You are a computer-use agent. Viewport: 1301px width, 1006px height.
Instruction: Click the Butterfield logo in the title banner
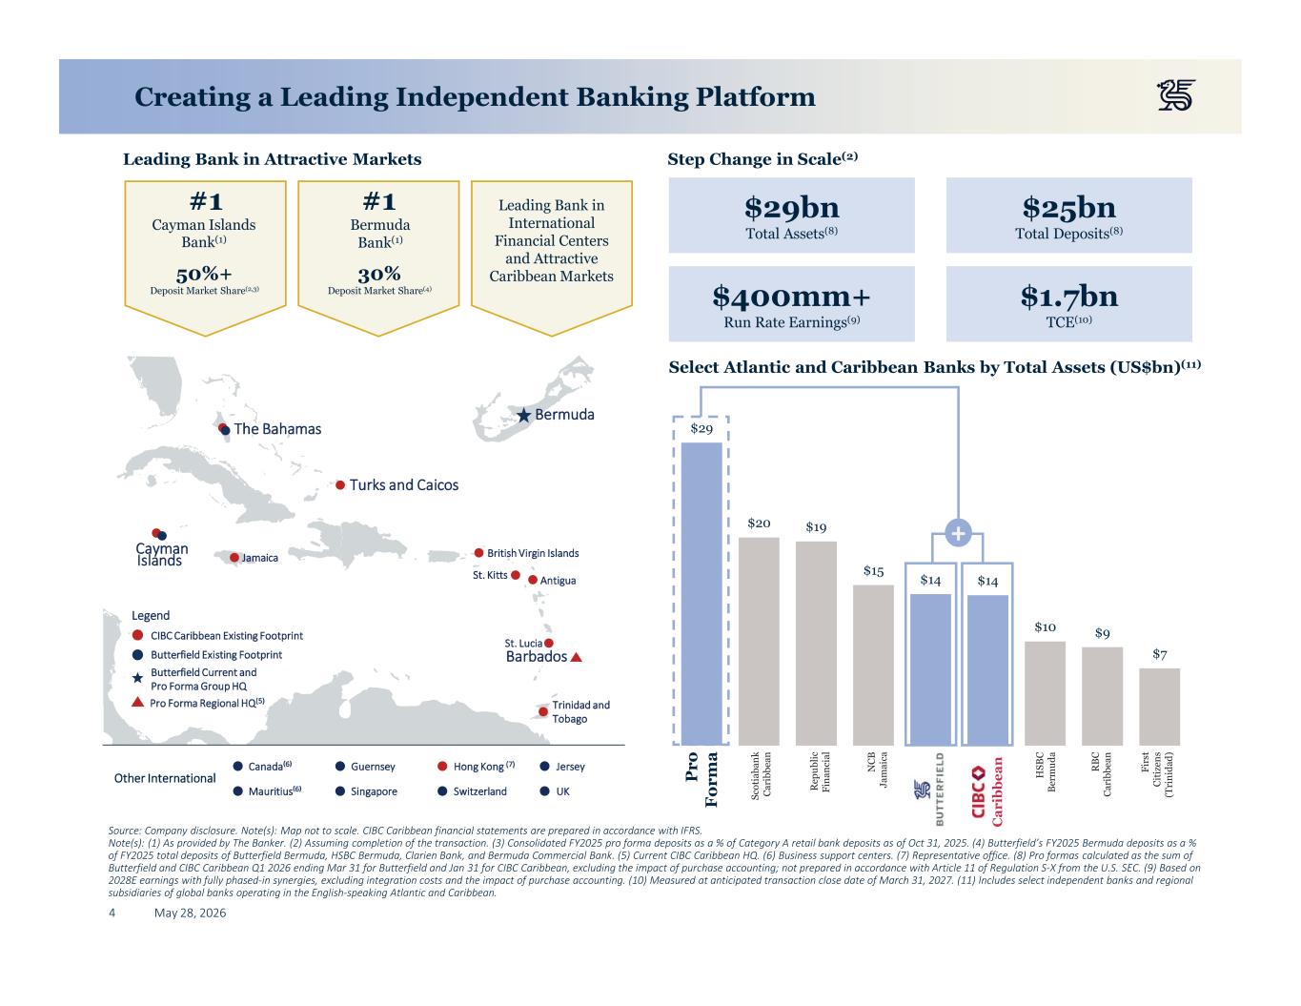click(1175, 95)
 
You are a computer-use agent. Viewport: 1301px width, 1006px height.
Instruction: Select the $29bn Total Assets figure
click(791, 207)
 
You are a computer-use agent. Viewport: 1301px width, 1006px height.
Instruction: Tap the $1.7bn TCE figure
click(1068, 296)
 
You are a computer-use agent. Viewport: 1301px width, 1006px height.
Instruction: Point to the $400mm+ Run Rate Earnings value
click(791, 297)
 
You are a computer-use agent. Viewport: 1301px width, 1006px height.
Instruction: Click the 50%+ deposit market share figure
click(204, 275)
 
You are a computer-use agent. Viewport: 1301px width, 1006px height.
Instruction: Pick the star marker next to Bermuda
click(524, 415)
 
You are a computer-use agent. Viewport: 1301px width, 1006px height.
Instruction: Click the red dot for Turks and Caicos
click(340, 485)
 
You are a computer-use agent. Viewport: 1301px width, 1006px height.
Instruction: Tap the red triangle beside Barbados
click(576, 657)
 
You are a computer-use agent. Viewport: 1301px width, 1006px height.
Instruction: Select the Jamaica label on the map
click(260, 558)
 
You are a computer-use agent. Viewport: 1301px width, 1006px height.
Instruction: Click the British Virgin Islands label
click(533, 553)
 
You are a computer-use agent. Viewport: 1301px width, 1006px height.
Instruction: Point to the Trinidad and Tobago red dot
click(543, 712)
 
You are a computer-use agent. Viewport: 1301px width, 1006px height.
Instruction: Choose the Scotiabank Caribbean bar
click(759, 642)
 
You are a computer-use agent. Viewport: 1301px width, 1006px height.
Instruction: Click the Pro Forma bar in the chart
click(701, 594)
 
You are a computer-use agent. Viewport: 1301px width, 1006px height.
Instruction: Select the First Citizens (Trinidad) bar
click(1159, 708)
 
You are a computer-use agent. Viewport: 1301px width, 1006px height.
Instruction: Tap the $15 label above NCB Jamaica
click(873, 570)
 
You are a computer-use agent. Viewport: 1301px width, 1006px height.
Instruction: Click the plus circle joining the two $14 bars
click(958, 533)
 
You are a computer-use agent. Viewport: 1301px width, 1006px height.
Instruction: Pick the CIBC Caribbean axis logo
click(986, 791)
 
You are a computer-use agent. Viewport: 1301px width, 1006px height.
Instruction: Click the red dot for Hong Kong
click(442, 767)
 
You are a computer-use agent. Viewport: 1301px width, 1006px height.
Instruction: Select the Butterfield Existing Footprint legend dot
click(137, 655)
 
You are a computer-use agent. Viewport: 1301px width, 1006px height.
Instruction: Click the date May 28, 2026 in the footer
click(191, 913)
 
